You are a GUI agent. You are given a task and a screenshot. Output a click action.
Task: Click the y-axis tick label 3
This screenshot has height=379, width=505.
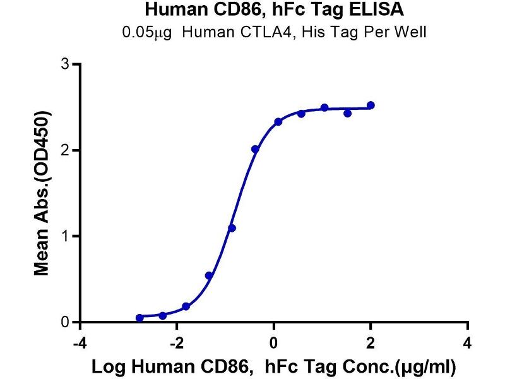point(64,64)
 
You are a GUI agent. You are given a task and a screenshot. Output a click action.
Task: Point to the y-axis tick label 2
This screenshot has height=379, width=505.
point(64,150)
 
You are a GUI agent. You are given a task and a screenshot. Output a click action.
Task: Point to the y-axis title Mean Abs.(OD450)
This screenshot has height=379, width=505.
point(42,193)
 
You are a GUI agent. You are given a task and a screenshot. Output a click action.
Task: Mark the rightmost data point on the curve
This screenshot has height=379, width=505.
point(371,105)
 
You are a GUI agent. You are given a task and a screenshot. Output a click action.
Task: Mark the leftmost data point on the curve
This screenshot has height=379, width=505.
point(140,318)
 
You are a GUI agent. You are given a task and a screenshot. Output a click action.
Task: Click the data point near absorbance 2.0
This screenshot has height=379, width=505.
point(255,149)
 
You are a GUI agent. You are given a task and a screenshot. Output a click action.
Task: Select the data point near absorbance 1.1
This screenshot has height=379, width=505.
point(232,227)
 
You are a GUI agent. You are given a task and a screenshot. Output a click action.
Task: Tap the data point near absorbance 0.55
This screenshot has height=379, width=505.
point(209,275)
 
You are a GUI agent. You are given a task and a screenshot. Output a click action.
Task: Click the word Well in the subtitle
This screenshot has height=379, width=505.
point(413,32)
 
